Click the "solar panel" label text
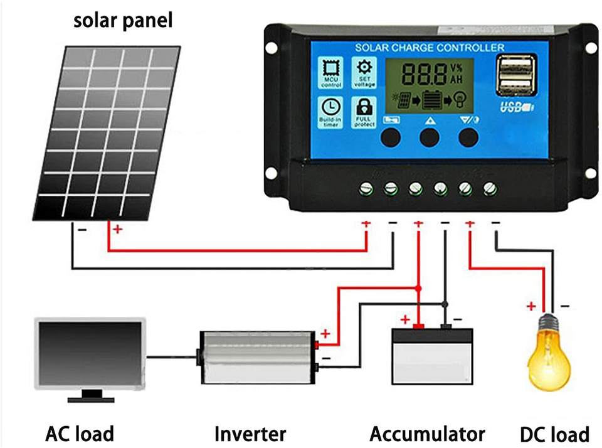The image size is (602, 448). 122,21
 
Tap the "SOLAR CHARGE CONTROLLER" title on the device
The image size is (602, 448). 430,48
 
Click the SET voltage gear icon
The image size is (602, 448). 364,68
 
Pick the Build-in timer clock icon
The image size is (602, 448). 330,108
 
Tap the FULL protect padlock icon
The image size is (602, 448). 364,107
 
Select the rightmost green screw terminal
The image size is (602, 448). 490,188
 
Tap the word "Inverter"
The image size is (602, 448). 250,434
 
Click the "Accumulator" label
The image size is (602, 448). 427,434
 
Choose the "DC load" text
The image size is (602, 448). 554,434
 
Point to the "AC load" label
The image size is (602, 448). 80,434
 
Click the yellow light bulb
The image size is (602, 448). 550,351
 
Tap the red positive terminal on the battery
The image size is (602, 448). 420,326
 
